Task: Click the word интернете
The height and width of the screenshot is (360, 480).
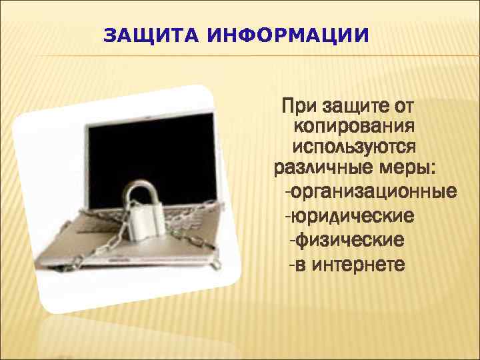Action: coord(358,263)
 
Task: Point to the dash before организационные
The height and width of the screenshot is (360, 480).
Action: coord(287,193)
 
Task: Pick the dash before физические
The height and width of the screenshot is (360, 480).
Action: coord(291,239)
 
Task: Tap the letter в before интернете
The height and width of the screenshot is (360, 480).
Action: coord(301,264)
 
